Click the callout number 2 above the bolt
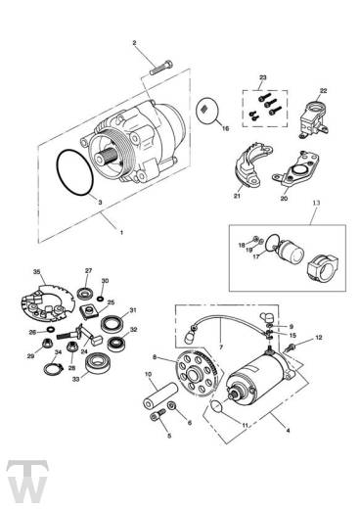pos(134,43)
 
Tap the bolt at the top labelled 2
pos(161,68)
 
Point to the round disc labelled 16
pos(207,111)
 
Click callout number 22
pos(323,90)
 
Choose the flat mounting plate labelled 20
pos(296,169)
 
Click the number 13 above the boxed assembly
pos(317,203)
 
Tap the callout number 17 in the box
pos(256,256)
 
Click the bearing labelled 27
pos(85,293)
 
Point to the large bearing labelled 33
pos(97,363)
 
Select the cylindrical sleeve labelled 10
pos(160,395)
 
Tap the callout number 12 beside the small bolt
pos(319,338)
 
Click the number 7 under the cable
pos(221,347)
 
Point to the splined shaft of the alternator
pos(107,157)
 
